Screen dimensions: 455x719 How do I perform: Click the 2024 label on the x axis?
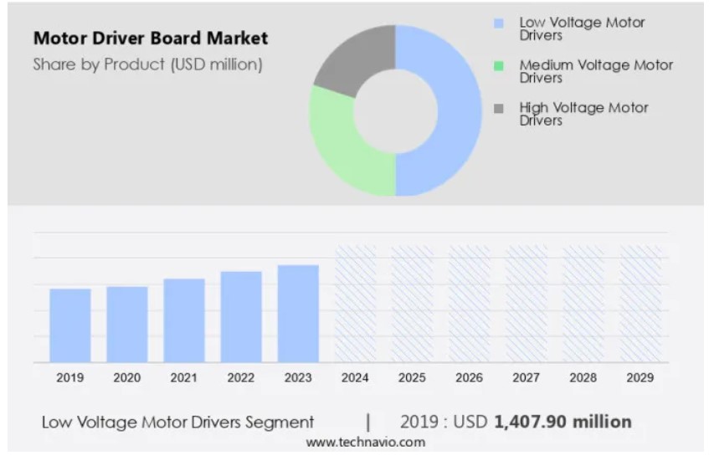355,378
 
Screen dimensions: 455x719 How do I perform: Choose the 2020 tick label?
127,378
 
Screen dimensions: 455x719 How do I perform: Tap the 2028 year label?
583,378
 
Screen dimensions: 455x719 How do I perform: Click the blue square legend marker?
500,23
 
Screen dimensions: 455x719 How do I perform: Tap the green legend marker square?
500,66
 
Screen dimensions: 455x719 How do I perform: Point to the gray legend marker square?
500,109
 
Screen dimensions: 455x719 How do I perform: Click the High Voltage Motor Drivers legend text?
583,114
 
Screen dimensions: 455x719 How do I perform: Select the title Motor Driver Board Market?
151,38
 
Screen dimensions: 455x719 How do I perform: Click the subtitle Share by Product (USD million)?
147,64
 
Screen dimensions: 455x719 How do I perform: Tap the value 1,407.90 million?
562,422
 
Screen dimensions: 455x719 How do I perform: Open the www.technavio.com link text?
365,442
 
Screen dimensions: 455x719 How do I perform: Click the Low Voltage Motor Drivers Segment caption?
178,422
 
